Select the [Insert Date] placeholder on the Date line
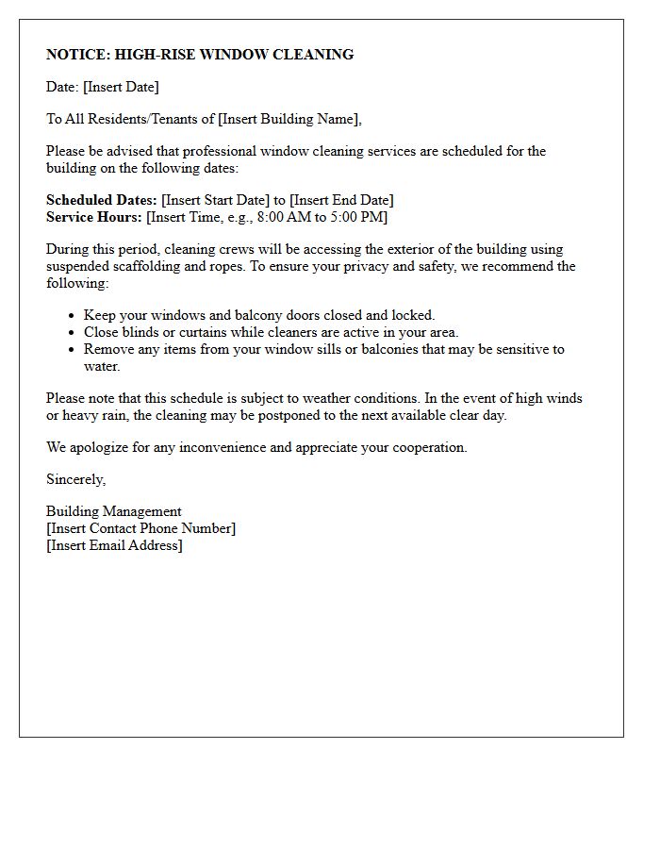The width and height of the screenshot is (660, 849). (x=121, y=87)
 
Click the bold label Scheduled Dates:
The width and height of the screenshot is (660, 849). (x=102, y=200)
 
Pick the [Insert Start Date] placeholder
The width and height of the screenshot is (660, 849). (x=216, y=200)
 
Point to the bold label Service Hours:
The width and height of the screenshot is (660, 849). (x=94, y=217)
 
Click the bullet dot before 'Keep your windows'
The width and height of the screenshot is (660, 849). (x=72, y=316)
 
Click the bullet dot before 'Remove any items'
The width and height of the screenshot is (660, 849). (x=72, y=349)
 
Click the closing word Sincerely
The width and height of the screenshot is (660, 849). (x=75, y=479)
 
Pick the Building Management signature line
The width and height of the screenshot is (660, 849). (x=114, y=511)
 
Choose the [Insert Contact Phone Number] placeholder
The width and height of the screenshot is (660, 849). (x=141, y=528)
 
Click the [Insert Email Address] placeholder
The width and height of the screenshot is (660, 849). (x=114, y=545)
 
